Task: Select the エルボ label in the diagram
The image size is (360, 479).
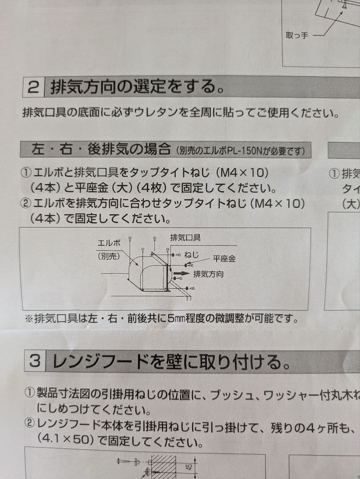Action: [109, 243]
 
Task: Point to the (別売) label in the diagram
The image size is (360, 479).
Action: [109, 256]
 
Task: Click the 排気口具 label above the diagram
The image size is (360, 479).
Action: [185, 238]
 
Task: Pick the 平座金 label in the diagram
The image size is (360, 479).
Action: [224, 259]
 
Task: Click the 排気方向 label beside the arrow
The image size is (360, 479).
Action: [208, 274]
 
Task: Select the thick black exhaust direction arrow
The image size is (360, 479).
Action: [181, 274]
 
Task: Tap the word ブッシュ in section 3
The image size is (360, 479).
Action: [231, 393]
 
